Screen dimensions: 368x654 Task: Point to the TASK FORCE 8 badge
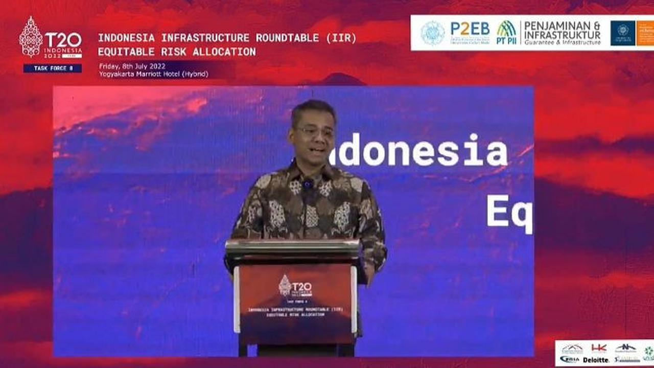point(52,68)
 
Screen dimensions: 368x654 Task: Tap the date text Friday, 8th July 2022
point(132,65)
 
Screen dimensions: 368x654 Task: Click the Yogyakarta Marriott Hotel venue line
point(153,74)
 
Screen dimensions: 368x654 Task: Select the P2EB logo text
point(470,28)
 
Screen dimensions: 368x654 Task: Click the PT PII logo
point(506,33)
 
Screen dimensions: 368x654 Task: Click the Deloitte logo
point(596,360)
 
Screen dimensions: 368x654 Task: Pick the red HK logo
point(599,348)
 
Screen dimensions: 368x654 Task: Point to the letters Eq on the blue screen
point(509,212)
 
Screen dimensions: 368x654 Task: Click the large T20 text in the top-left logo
point(63,40)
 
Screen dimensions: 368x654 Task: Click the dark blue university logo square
point(623,33)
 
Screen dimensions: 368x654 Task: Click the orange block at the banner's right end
point(645,33)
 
